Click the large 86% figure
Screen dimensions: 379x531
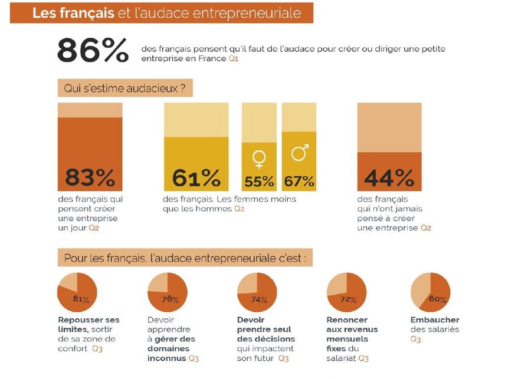(93, 51)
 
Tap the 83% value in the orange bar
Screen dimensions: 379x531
(90, 177)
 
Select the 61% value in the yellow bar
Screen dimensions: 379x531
(196, 177)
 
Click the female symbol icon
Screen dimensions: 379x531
(258, 157)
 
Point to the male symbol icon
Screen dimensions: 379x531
(299, 153)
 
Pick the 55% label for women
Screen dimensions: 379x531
(259, 181)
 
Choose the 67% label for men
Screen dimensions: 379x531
(299, 181)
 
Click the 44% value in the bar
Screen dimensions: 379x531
(389, 177)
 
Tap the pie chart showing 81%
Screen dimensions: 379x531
(77, 293)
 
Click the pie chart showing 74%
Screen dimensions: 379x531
(257, 293)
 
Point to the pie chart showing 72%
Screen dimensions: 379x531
(346, 293)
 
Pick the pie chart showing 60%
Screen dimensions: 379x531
(430, 293)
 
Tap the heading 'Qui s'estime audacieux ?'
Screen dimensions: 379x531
(125, 89)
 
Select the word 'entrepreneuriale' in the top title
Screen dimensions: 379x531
(254, 12)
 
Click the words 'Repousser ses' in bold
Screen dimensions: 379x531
(88, 320)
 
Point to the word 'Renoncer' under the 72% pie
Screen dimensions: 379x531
(347, 320)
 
